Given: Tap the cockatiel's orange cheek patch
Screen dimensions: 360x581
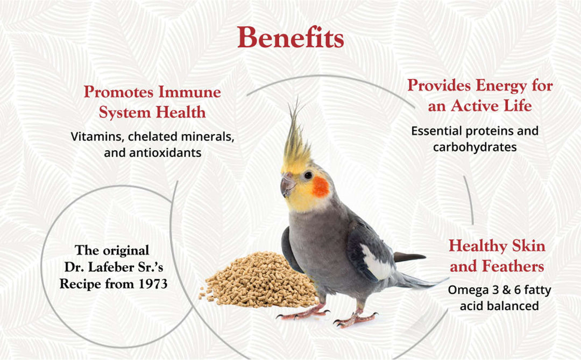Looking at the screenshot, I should point(321,186).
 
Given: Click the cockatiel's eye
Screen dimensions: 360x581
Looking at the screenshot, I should point(308,175).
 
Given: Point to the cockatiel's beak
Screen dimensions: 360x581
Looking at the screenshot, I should point(287,185).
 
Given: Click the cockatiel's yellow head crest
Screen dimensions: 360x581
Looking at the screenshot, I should point(296,143).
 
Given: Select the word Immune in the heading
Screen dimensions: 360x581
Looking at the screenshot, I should point(189,92).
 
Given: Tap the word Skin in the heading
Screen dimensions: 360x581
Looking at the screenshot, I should point(521,246).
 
